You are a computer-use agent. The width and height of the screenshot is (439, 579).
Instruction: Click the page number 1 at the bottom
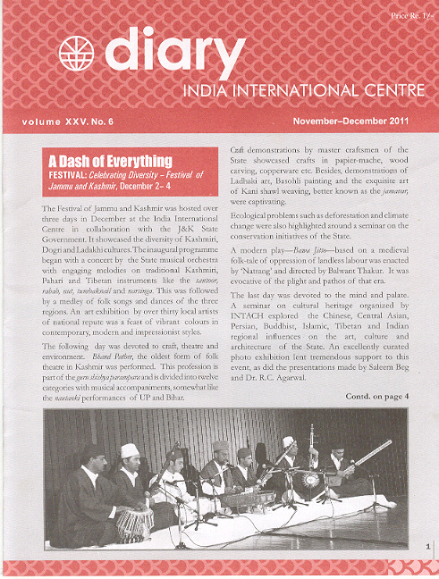point(428,544)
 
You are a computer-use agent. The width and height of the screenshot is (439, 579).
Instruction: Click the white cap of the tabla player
point(131,450)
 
